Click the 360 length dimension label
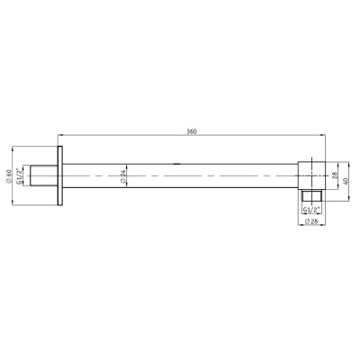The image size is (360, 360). click(192, 131)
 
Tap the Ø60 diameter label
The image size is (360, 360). click(8, 175)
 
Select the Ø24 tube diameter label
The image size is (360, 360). click(122, 175)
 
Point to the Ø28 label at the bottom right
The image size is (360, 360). click(311, 221)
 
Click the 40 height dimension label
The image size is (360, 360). click(346, 181)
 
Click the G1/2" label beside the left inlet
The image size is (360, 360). click(19, 175)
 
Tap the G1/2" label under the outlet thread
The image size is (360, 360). click(311, 210)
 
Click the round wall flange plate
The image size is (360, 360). click(60, 175)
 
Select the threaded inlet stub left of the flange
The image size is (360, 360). click(44, 175)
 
